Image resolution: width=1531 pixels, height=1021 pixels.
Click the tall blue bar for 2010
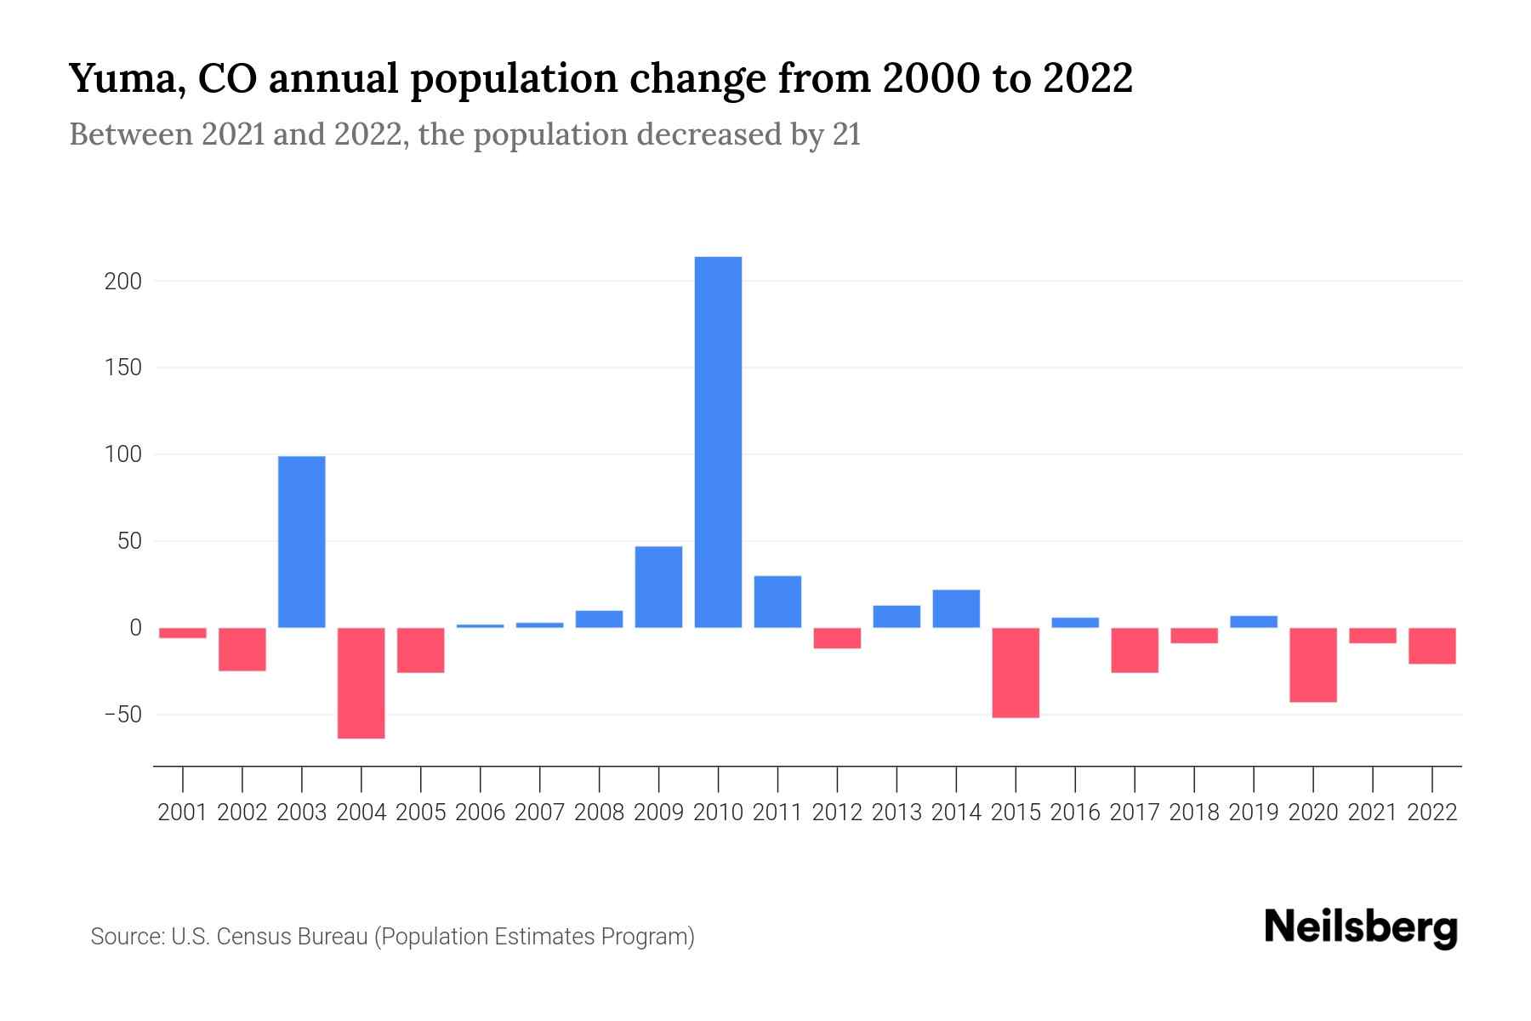718,442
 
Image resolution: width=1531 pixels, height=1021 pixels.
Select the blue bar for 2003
302,542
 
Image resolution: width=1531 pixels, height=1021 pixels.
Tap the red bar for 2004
361,682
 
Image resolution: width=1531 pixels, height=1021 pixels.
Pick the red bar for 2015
1016,672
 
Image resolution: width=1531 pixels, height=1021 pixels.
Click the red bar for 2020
1313,665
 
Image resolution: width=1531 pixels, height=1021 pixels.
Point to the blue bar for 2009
658,587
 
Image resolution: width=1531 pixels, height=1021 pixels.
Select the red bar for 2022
1432,646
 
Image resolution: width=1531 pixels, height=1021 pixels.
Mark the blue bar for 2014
956,608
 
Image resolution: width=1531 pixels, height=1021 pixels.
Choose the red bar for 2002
242,649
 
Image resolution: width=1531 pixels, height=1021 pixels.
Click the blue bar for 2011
777,602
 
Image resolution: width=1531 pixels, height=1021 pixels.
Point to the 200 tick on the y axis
122,282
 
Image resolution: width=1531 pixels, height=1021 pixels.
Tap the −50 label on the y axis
122,715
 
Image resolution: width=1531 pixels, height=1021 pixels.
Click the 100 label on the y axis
122,455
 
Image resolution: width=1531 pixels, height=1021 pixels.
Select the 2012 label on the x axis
837,813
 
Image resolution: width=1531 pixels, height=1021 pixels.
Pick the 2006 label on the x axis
480,813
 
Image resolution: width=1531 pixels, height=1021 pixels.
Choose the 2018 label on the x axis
1194,813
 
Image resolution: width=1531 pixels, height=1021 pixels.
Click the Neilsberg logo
1361,927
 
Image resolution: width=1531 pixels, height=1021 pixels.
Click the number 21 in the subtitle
846,134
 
